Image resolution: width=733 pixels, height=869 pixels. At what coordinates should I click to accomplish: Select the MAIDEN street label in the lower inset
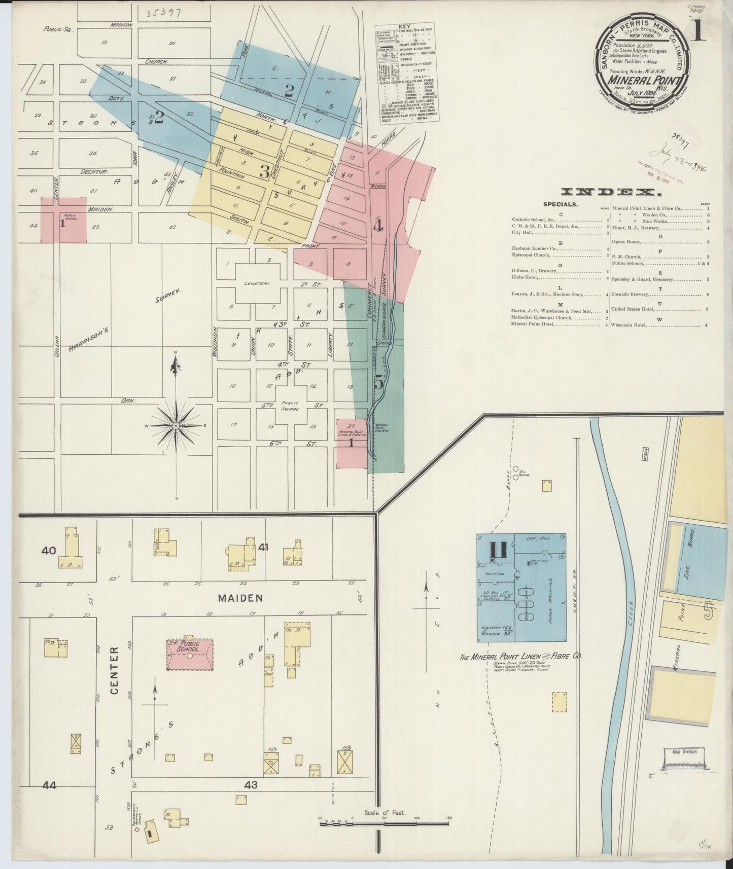pos(240,598)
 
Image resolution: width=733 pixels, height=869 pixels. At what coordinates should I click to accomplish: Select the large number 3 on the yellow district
pos(264,171)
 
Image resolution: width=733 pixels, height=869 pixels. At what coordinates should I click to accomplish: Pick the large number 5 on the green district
pos(378,383)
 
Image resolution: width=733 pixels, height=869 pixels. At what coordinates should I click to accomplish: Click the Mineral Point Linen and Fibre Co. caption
pos(520,657)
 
